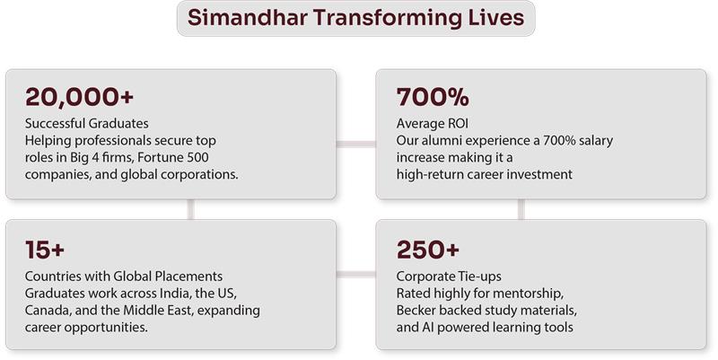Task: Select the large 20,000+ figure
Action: point(74,97)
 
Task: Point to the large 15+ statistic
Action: point(45,250)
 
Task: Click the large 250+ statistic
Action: point(428,250)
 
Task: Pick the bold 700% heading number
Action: point(433,97)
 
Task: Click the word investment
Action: point(535,174)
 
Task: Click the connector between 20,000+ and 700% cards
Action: point(355,142)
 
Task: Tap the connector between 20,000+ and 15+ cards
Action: point(190,209)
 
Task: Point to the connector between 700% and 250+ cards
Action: point(521,209)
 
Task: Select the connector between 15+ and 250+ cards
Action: point(355,273)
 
